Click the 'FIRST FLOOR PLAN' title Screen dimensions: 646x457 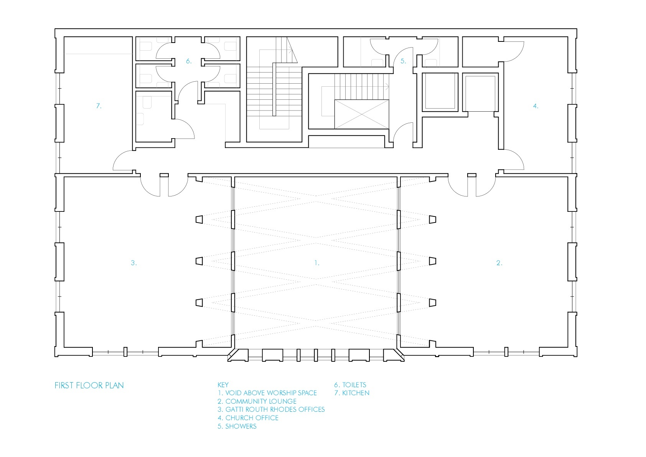click(89, 386)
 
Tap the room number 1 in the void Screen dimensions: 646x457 click(316, 263)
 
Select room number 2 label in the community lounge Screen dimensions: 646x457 click(499, 263)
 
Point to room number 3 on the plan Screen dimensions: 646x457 click(133, 263)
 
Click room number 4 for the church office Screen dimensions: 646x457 click(536, 106)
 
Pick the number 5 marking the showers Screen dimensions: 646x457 click(403, 61)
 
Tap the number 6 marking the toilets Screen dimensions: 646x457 click(189, 61)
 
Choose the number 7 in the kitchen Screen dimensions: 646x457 click(99, 106)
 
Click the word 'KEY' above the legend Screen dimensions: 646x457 click(223, 385)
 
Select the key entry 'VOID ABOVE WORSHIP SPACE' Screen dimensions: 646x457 click(271, 393)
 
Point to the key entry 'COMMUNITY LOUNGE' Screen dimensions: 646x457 click(261, 401)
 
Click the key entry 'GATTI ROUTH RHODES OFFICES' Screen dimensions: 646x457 click(275, 409)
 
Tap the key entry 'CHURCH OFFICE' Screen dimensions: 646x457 click(252, 418)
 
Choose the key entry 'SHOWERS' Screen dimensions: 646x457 click(241, 426)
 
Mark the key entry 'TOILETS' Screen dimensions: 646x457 click(354, 385)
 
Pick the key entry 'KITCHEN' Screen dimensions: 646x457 click(356, 393)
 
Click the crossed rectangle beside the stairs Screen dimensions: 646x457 click(362, 114)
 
